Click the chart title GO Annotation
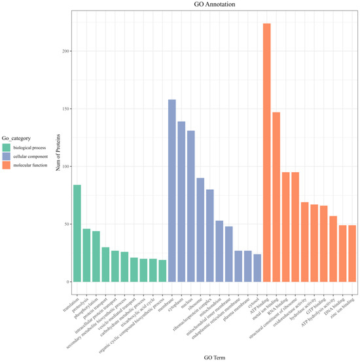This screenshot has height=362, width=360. click(213, 5)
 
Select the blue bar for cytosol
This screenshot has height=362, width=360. click(257, 268)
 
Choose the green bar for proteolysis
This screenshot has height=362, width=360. click(86, 255)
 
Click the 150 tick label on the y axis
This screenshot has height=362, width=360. click(63, 109)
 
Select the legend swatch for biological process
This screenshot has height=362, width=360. click(9, 149)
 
